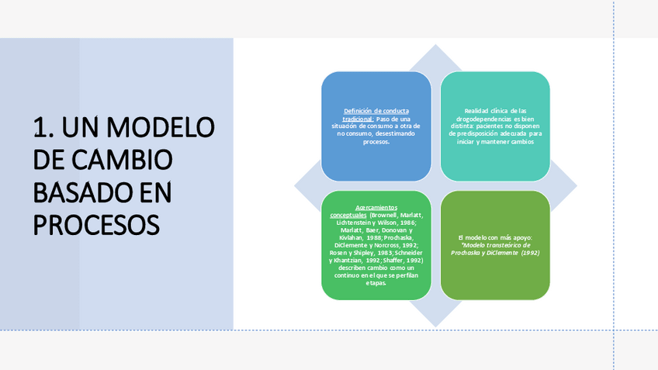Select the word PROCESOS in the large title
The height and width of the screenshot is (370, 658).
coord(96,225)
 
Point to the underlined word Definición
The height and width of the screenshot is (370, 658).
coord(358,112)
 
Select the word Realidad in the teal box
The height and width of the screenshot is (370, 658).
coord(480,111)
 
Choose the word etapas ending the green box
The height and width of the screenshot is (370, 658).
coord(376,283)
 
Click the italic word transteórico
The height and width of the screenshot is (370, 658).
coord(485,245)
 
